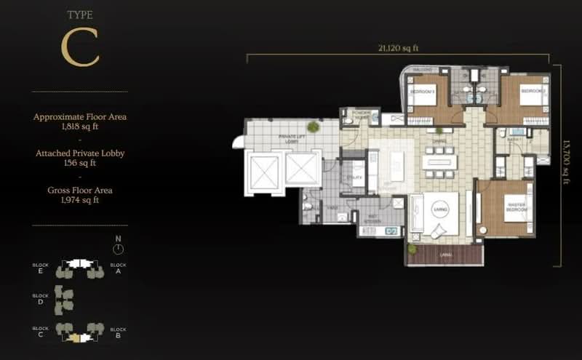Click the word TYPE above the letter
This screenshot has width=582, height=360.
pos(80,14)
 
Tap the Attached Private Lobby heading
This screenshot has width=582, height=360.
pos(80,153)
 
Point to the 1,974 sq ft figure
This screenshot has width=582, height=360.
pos(80,200)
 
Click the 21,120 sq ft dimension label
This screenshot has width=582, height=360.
pos(399,49)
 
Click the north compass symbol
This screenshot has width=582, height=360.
pos(119,247)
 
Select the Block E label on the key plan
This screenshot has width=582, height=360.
pos(40,268)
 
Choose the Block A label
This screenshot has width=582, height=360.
pos(118,268)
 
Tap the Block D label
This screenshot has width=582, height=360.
pos(40,299)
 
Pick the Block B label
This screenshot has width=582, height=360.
pos(118,332)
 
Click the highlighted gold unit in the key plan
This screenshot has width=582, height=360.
pos(79,337)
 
